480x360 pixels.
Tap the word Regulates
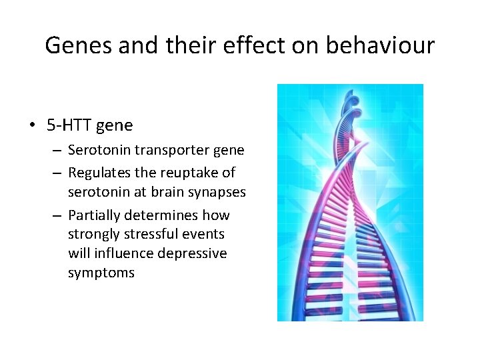[99, 173]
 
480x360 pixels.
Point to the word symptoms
[101, 273]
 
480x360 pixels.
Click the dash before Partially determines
[58, 215]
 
